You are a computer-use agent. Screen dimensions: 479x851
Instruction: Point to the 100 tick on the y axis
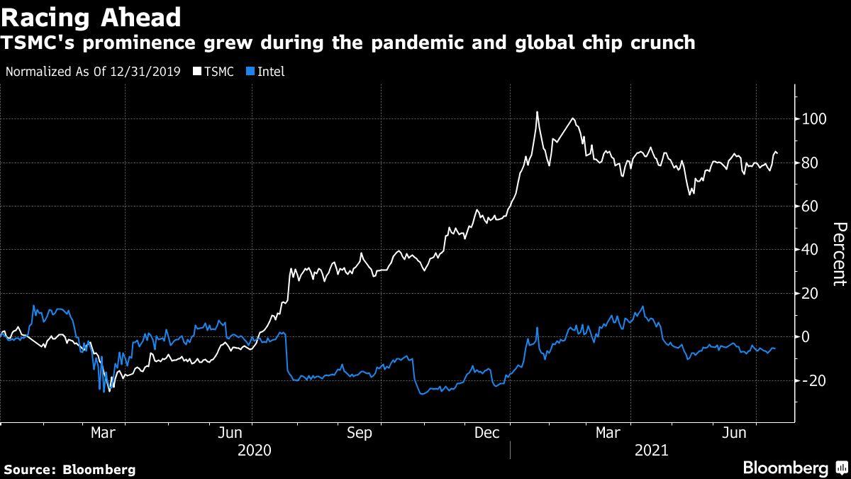coord(815,119)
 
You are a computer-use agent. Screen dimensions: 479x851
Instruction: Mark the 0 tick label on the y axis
coord(806,337)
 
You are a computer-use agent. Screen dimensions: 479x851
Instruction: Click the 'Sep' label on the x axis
coord(359,433)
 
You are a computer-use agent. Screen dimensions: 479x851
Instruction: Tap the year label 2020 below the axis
coord(255,450)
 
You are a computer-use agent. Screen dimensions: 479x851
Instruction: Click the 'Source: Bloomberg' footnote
coord(69,469)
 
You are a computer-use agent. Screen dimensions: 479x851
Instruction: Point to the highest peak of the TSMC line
coord(537,112)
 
